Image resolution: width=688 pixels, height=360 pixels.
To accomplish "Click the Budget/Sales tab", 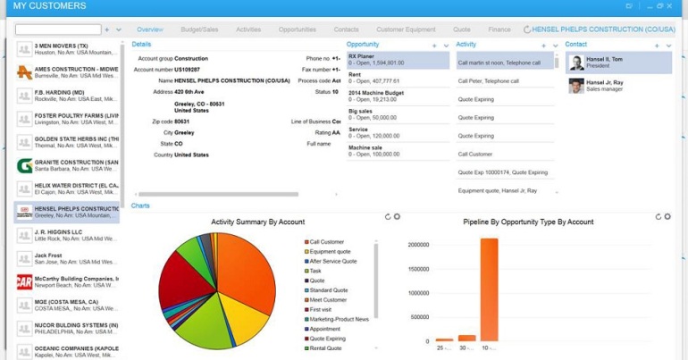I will [199, 29].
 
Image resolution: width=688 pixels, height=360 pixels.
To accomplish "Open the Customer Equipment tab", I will [406, 29].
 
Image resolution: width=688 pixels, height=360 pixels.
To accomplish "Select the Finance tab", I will [499, 29].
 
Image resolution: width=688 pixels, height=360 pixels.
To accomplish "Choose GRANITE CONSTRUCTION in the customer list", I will [75, 165].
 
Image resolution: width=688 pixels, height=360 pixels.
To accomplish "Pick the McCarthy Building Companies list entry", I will [75, 281].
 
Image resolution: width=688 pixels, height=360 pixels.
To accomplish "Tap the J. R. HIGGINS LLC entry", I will [75, 235].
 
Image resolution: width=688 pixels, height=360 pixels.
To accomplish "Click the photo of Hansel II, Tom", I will [576, 63].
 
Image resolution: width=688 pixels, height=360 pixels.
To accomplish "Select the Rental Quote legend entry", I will [325, 348].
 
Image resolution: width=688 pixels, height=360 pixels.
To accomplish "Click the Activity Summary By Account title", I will [257, 222].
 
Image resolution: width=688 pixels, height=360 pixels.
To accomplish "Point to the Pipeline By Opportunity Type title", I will [528, 222].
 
